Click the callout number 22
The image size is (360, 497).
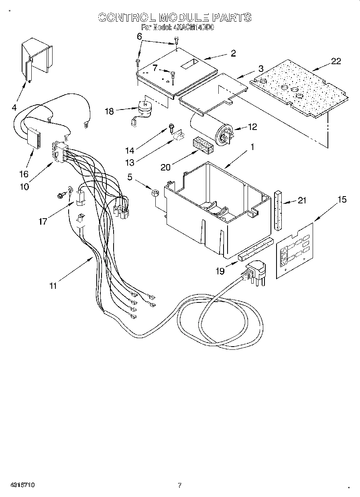(336, 61)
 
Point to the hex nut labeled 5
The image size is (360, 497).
(155, 193)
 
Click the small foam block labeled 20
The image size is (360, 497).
(203, 146)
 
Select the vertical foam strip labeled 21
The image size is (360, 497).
(279, 210)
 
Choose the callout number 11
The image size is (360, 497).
(53, 286)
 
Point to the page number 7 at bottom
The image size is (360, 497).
(180, 485)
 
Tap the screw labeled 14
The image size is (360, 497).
(171, 128)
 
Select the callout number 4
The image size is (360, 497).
(14, 107)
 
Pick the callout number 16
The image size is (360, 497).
(24, 174)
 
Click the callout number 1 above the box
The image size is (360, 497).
(252, 147)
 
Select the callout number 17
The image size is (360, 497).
(43, 221)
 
